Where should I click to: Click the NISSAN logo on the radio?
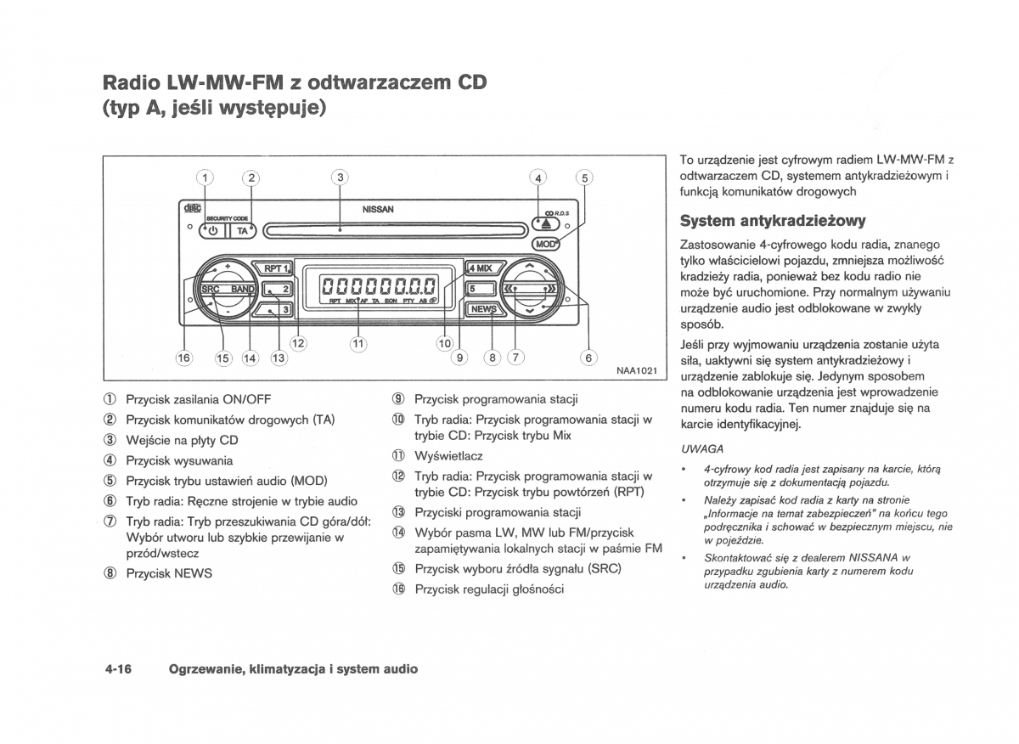coord(378,209)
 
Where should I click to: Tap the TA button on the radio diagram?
coord(243,230)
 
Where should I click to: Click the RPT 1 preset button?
coord(276,268)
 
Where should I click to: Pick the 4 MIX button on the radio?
coord(482,268)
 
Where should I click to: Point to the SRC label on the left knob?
coord(211,290)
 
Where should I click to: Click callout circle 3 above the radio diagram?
coord(340,178)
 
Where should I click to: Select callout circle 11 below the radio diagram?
coord(357,344)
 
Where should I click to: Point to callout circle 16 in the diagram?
coord(184,358)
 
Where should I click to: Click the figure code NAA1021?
coord(636,370)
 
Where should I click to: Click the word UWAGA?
coord(701,448)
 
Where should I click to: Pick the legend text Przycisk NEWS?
coord(169,573)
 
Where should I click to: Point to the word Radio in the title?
coord(131,82)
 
